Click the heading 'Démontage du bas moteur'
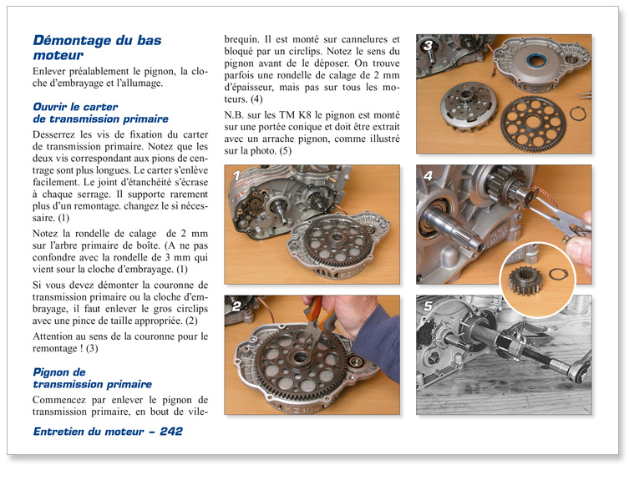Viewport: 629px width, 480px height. [x=96, y=48]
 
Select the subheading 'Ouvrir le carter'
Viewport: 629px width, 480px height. [x=74, y=107]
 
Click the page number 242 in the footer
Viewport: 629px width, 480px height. [x=170, y=432]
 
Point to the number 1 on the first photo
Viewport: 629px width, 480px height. [x=236, y=176]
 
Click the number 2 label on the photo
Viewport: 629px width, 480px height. [x=236, y=306]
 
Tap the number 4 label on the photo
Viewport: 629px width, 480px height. [x=428, y=176]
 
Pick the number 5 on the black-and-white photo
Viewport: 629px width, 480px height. [x=428, y=306]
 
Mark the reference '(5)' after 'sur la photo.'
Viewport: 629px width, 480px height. [x=285, y=151]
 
